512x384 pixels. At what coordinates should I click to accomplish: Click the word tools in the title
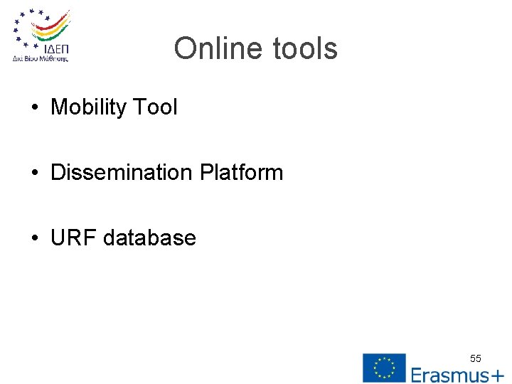304,49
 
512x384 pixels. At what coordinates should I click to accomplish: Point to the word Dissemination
122,173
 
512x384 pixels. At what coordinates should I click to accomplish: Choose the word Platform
241,173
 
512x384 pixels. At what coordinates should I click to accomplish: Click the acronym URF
73,238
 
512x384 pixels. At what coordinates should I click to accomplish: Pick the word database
149,238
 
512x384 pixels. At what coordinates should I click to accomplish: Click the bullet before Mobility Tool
35,108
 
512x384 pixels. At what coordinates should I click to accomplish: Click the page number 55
475,358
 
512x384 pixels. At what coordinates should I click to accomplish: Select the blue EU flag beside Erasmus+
384,368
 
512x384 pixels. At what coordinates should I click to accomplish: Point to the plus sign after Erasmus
497,375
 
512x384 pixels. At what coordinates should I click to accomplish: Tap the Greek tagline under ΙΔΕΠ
41,60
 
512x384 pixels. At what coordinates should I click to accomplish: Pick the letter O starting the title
184,49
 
